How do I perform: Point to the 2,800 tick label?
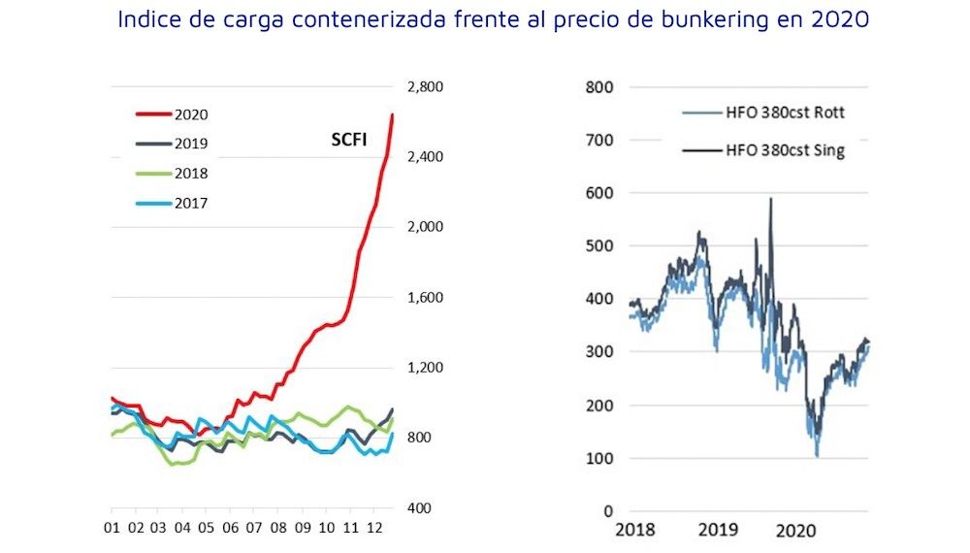424,87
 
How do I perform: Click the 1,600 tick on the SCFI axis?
424,298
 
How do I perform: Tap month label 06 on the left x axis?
230,530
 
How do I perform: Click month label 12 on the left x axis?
372,530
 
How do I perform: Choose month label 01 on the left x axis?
112,530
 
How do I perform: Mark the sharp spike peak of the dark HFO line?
771,199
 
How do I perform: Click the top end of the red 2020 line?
392,114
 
